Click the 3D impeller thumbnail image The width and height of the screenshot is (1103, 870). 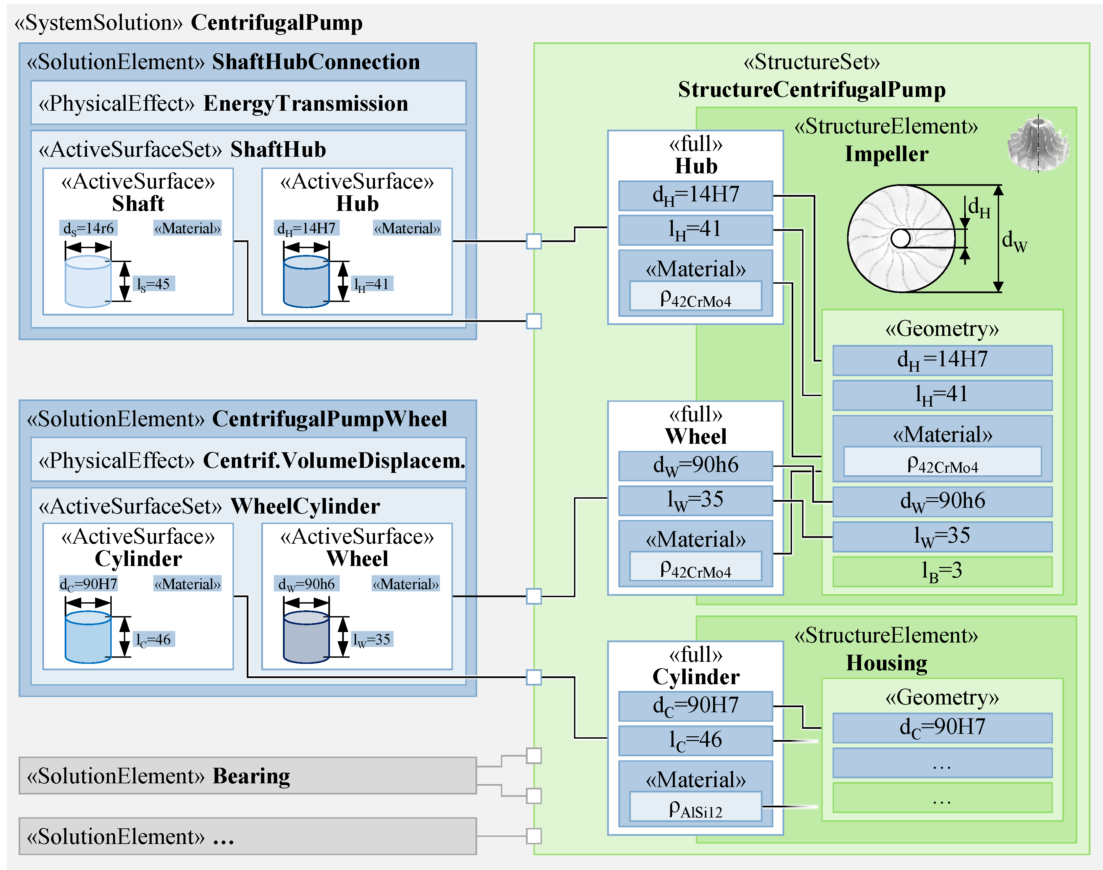tap(1037, 144)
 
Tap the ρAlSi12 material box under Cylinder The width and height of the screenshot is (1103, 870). tap(695, 806)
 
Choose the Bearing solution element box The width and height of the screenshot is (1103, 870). tap(247, 775)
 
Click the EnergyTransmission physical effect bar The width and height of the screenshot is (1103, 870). tap(248, 103)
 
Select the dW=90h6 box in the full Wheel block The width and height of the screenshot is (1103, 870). tap(695, 465)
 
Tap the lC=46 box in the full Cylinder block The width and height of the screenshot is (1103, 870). tap(695, 740)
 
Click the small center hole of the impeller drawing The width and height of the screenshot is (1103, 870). tap(900, 238)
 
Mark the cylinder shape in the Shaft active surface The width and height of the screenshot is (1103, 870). tap(88, 281)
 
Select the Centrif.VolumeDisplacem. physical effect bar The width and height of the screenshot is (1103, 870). tap(248, 460)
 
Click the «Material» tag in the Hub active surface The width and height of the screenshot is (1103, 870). tap(406, 228)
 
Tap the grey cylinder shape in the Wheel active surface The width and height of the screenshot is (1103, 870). tap(306, 637)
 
